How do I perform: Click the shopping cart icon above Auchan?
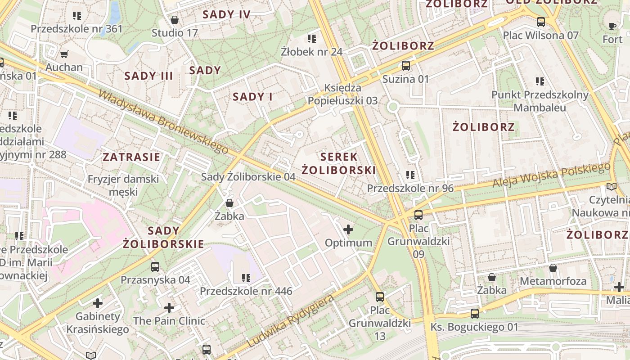pos(64,54)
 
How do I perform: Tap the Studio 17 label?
pos(175,33)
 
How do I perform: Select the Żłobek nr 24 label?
pos(311,51)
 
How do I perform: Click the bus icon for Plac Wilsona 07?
pos(541,22)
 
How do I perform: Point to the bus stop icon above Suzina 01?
pos(406,66)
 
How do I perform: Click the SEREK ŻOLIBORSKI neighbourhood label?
pos(338,163)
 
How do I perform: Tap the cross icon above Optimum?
pos(348,230)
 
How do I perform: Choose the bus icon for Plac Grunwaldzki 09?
pos(418,215)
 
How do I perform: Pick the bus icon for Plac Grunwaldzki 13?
pos(380,297)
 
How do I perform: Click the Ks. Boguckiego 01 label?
pos(474,327)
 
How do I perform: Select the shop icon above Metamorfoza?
pos(553,268)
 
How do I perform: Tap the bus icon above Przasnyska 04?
pos(155,266)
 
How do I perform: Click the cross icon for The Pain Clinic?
pos(169,308)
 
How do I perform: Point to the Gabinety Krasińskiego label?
pos(98,323)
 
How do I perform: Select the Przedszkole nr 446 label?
pos(246,291)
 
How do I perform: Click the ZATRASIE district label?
pos(131,157)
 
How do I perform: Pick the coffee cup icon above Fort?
pos(612,26)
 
